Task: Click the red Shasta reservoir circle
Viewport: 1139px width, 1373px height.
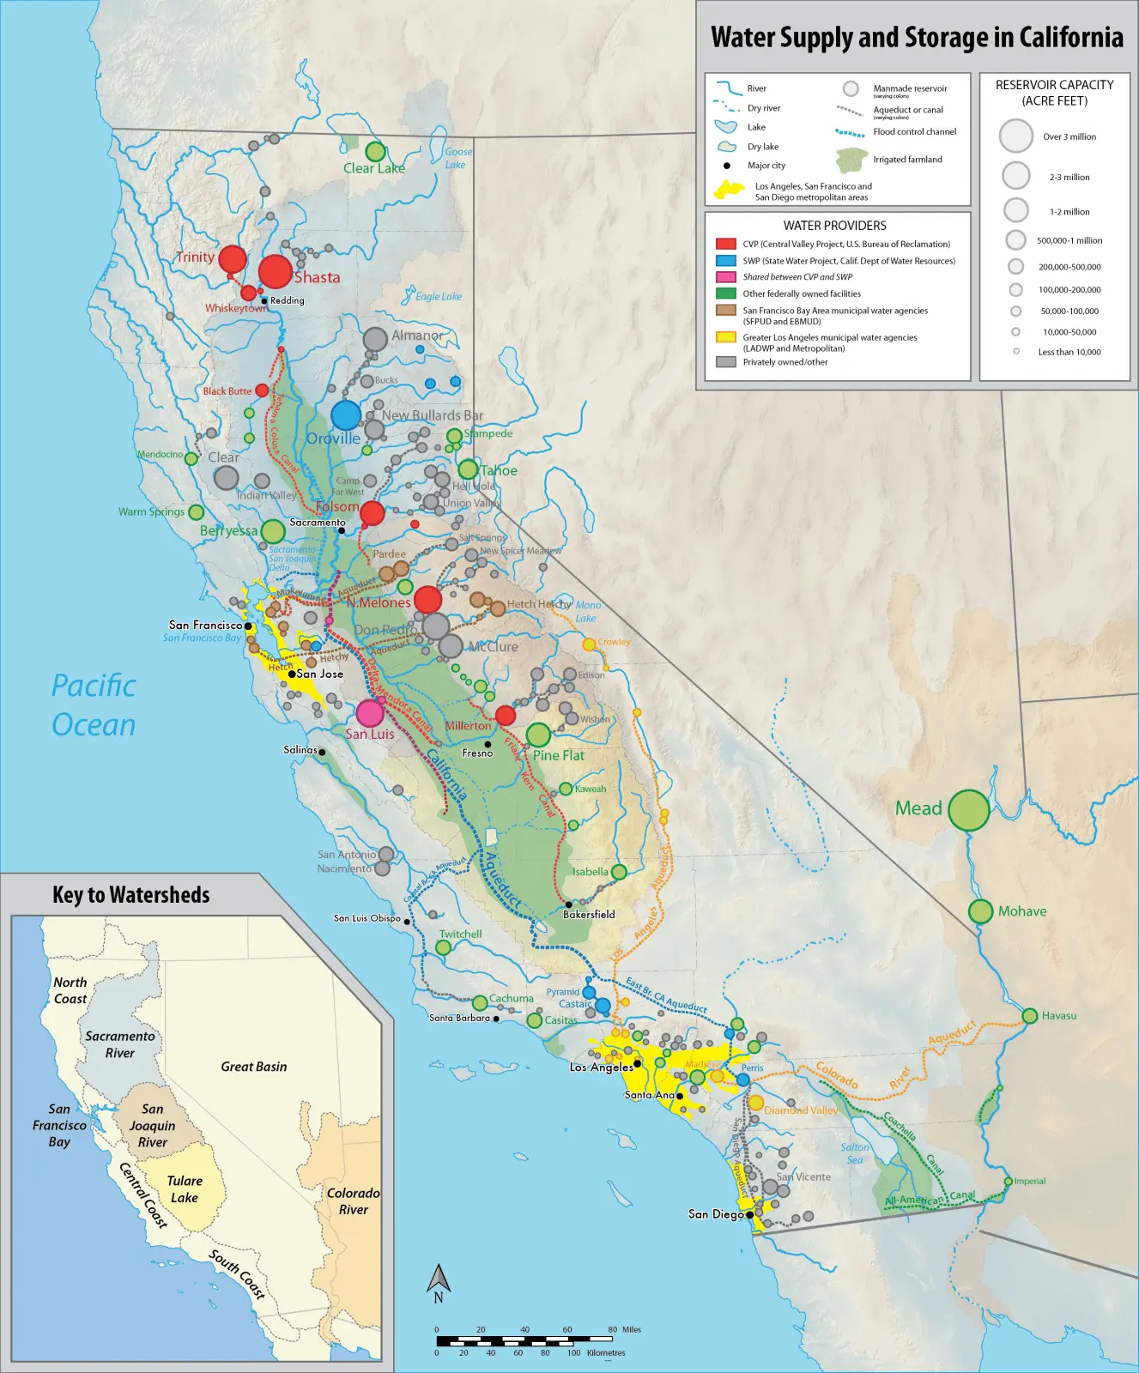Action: coord(276,271)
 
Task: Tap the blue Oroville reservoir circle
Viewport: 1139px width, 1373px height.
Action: coord(346,415)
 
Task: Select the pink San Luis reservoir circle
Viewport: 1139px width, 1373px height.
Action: coord(370,712)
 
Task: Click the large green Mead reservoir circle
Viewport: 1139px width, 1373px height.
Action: coord(968,810)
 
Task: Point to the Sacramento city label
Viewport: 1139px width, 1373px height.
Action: coord(317,522)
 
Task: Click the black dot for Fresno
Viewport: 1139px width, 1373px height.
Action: coord(488,744)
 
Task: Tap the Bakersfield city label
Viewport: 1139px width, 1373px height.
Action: coord(589,914)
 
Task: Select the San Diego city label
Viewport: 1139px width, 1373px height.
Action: coord(716,1213)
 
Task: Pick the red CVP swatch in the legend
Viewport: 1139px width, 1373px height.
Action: coord(726,244)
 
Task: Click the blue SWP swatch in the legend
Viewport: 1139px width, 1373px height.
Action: coord(726,260)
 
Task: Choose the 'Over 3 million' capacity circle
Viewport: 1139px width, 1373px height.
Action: coord(1016,136)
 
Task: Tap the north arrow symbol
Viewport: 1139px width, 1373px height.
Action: coord(439,1280)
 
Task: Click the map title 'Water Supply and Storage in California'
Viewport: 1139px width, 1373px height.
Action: coord(917,37)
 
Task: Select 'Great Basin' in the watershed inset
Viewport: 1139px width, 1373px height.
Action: coord(254,1067)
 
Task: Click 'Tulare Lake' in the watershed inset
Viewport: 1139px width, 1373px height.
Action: coord(185,1189)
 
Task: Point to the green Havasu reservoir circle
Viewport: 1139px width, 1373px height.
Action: coord(1030,1016)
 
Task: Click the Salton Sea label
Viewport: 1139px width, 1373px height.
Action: coord(854,1152)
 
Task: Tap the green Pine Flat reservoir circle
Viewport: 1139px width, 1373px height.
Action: coord(538,735)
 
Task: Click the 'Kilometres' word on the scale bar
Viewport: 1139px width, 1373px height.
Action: coord(606,1352)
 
